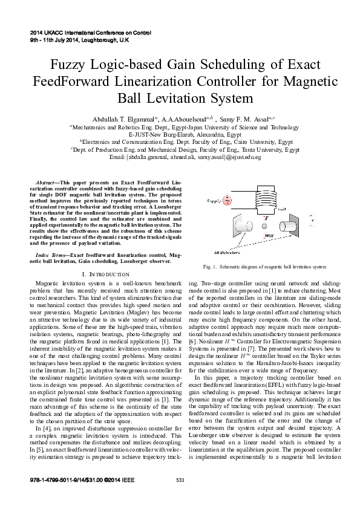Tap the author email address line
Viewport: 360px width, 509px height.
[x=180, y=157]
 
